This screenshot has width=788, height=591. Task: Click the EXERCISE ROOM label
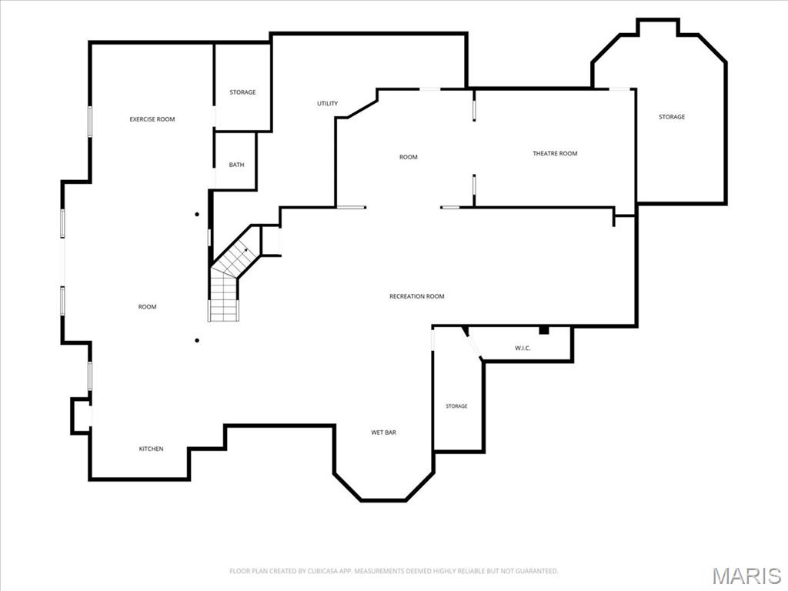pos(152,119)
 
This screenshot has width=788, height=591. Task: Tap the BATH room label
pos(237,165)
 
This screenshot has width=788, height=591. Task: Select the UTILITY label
pos(327,104)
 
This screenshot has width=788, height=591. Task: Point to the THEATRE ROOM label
pos(555,153)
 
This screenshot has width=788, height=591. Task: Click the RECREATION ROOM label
pos(416,296)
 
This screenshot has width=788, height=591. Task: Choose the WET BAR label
pos(383,432)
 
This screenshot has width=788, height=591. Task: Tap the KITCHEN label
pos(151,449)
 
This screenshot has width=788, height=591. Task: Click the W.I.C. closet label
pos(523,348)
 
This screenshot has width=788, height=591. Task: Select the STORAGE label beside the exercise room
pos(242,92)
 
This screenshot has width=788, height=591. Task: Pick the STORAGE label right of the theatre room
pos(671,117)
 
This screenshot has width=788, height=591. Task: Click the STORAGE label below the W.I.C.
pos(456,406)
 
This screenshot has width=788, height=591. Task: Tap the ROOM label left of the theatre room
pos(408,157)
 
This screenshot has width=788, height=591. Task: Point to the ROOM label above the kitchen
pos(147,306)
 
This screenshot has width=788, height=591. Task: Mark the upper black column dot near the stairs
pos(197,215)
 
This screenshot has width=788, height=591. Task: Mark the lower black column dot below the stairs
pos(197,341)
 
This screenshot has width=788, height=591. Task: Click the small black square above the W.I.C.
pos(544,330)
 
